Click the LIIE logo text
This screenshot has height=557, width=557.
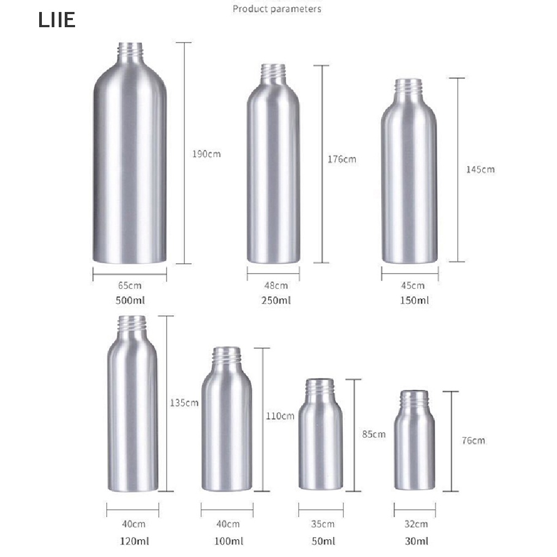pyautogui.click(x=57, y=20)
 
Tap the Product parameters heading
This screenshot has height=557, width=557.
pyautogui.click(x=277, y=9)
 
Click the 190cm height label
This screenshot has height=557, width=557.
pyautogui.click(x=206, y=154)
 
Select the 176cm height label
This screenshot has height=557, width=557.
pyautogui.click(x=342, y=159)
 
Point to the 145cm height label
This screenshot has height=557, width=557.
pyautogui.click(x=480, y=170)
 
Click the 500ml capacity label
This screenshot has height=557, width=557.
pyautogui.click(x=130, y=300)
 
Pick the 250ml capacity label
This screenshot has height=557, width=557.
pyautogui.click(x=276, y=300)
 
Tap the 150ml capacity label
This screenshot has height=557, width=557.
pyautogui.click(x=414, y=300)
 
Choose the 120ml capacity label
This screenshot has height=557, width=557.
pyautogui.click(x=134, y=541)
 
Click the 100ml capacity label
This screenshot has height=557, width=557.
pyautogui.click(x=229, y=541)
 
